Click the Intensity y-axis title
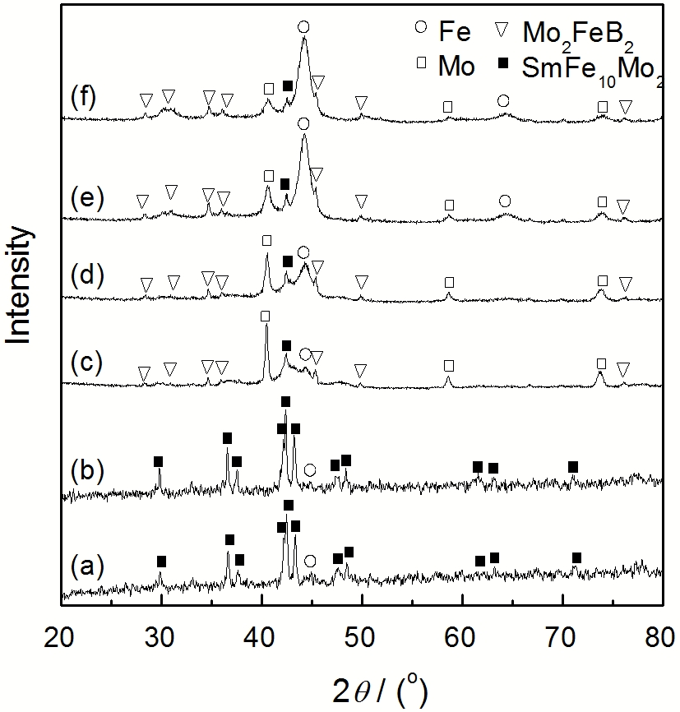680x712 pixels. coord(20,284)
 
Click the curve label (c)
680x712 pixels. coord(87,362)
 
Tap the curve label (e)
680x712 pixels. coord(87,197)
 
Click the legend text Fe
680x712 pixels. coord(455,33)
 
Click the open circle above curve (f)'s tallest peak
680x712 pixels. coord(303,27)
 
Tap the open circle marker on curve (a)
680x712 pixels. coord(310,561)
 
